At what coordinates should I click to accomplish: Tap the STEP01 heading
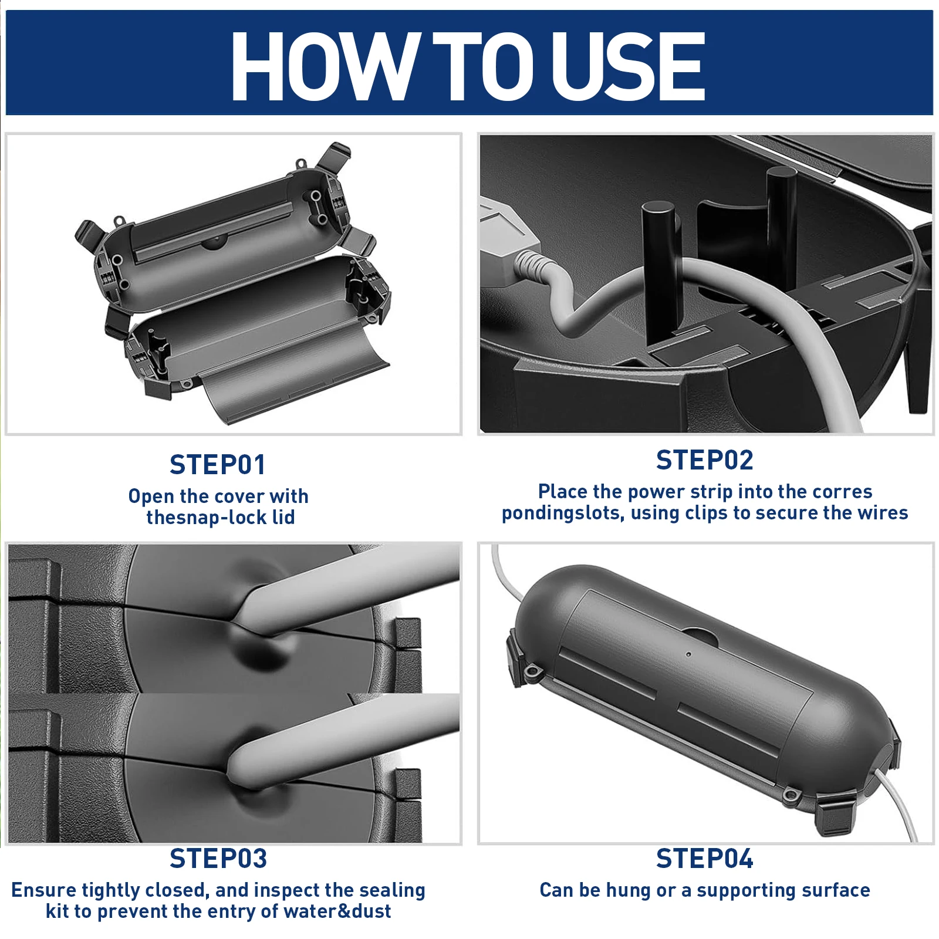(x=218, y=465)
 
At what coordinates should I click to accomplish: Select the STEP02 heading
(x=704, y=460)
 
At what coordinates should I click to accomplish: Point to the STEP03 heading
(x=218, y=859)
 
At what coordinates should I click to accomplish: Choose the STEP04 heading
(x=704, y=859)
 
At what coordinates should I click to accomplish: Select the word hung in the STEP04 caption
(x=629, y=890)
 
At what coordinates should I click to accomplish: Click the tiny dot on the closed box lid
(x=689, y=654)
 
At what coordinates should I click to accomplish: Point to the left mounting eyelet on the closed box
(x=533, y=671)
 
